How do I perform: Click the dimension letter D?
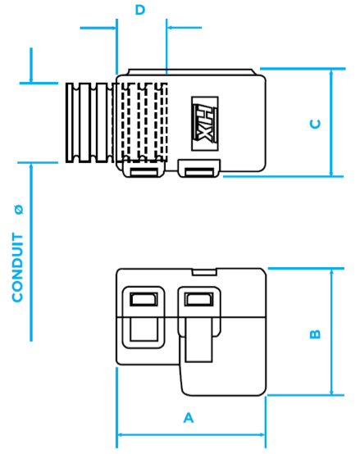(x=140, y=10)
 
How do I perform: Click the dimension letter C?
(x=316, y=124)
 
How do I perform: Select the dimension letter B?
(x=316, y=334)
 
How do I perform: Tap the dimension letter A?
(x=189, y=417)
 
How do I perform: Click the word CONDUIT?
(x=17, y=267)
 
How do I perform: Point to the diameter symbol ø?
(x=19, y=209)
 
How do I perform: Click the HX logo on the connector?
(x=205, y=124)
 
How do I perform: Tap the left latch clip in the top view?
(x=144, y=169)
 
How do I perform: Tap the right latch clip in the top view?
(x=199, y=168)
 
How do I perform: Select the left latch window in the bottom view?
(x=144, y=299)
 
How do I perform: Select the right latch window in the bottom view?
(x=199, y=299)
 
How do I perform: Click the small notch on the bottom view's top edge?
(x=204, y=272)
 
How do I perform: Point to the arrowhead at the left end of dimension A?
(x=119, y=434)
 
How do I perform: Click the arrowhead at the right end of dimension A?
(x=262, y=434)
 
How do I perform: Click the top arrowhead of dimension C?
(x=331, y=72)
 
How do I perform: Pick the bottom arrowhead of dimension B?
(x=331, y=392)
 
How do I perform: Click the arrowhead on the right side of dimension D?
(x=170, y=28)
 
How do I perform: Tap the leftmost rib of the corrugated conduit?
(x=70, y=123)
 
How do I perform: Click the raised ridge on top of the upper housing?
(x=192, y=71)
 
